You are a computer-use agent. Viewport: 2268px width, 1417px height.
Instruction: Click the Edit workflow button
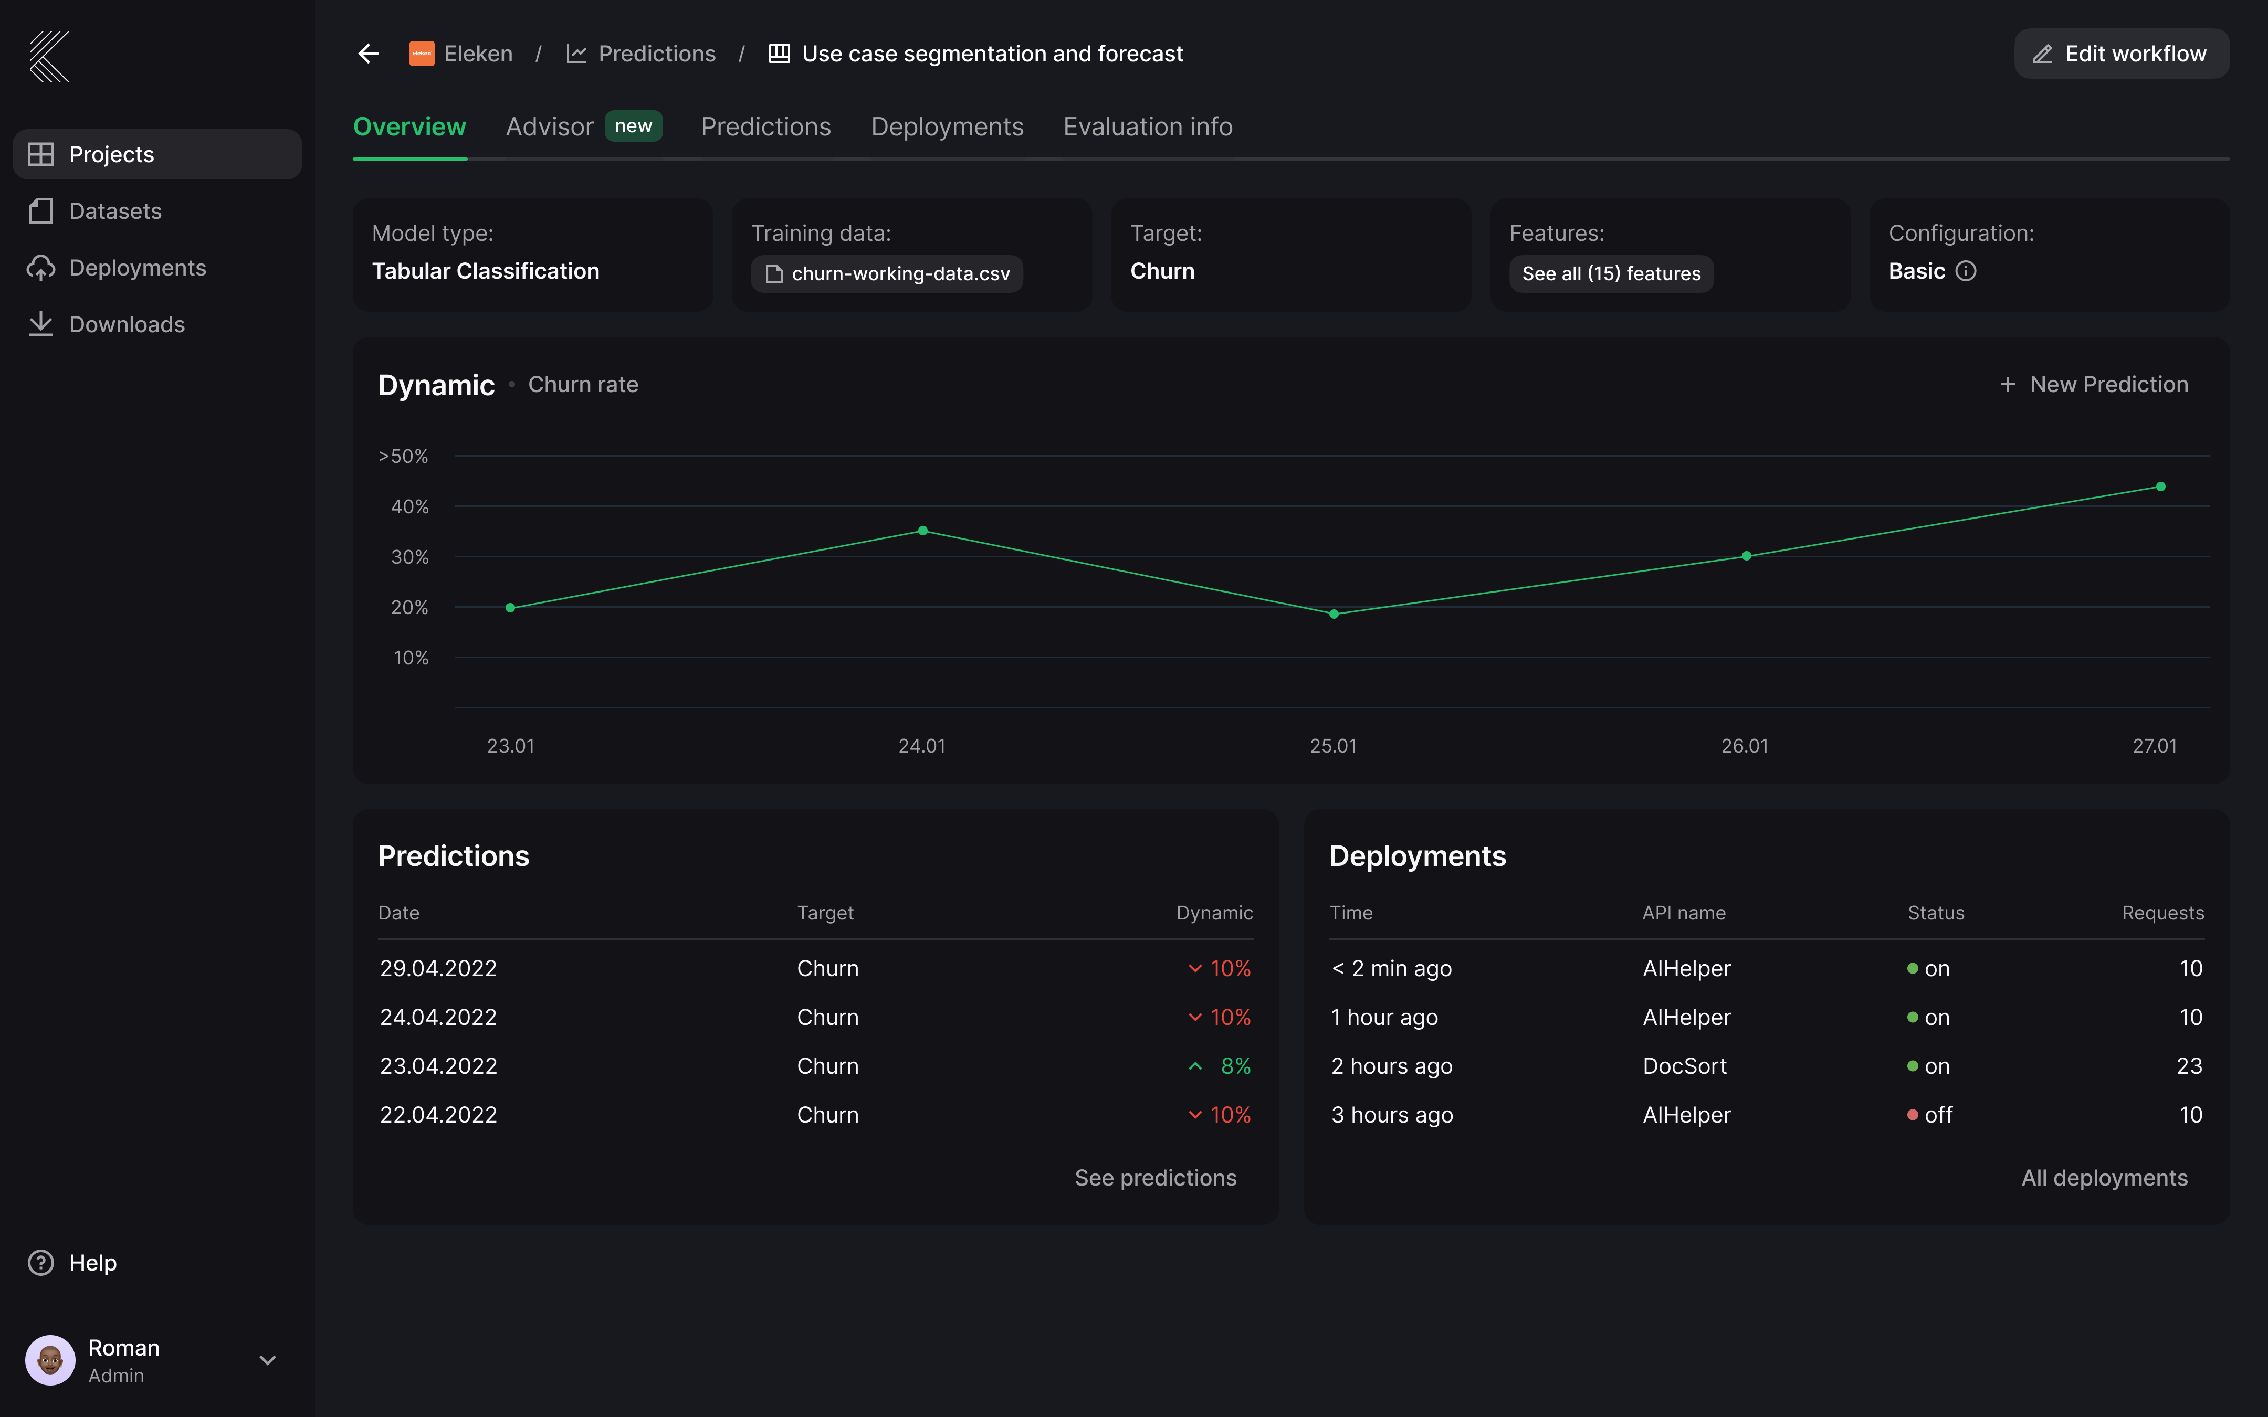pyautogui.click(x=2121, y=54)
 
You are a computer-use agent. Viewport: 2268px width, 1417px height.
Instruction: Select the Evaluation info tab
pyautogui.click(x=1147, y=126)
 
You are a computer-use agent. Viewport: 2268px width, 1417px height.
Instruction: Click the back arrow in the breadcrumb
pyautogui.click(x=369, y=54)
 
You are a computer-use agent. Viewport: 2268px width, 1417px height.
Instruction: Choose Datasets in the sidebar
pyautogui.click(x=115, y=211)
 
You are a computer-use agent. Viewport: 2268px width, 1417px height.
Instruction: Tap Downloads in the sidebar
pyautogui.click(x=127, y=324)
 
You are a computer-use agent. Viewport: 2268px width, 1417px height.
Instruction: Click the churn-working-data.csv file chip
pyautogui.click(x=887, y=273)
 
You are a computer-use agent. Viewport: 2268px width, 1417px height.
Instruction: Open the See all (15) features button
pyautogui.click(x=1610, y=273)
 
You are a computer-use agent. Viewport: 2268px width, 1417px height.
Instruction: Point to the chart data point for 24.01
pyautogui.click(x=923, y=531)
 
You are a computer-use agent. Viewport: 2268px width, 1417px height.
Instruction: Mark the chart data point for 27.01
pyautogui.click(x=2160, y=487)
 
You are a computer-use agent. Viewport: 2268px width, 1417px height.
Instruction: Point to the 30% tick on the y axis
pyautogui.click(x=409, y=557)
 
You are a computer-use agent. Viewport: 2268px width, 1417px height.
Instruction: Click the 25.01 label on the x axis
pyautogui.click(x=1332, y=746)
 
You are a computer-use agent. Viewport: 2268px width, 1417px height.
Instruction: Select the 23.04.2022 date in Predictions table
pyautogui.click(x=438, y=1065)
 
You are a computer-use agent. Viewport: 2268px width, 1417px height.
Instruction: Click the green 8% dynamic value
pyautogui.click(x=1234, y=1065)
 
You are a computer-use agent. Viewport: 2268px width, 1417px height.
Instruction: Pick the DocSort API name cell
pyautogui.click(x=1684, y=1065)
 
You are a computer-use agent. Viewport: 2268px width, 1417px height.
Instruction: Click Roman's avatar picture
pyautogui.click(x=50, y=1360)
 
